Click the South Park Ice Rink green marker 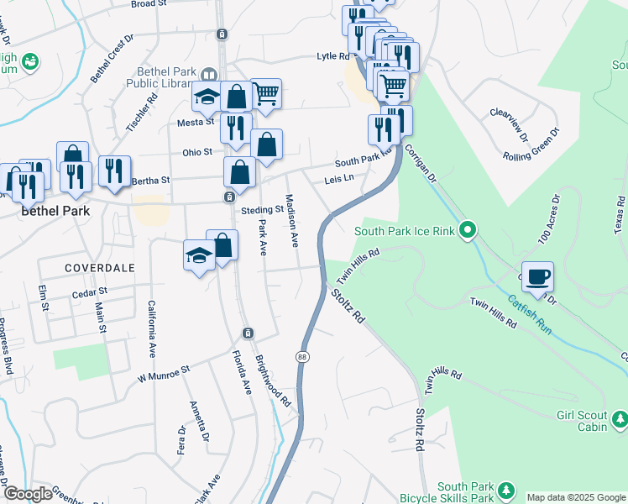(469, 229)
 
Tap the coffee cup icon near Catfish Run (537, 275)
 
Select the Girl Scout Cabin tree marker (620, 417)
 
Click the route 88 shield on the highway (302, 357)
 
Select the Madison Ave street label (291, 220)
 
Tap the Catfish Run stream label (529, 312)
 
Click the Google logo (28, 493)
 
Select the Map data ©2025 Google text (576, 497)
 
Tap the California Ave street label (152, 328)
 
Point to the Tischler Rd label (142, 111)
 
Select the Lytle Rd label (332, 56)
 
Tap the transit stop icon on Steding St (229, 197)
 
